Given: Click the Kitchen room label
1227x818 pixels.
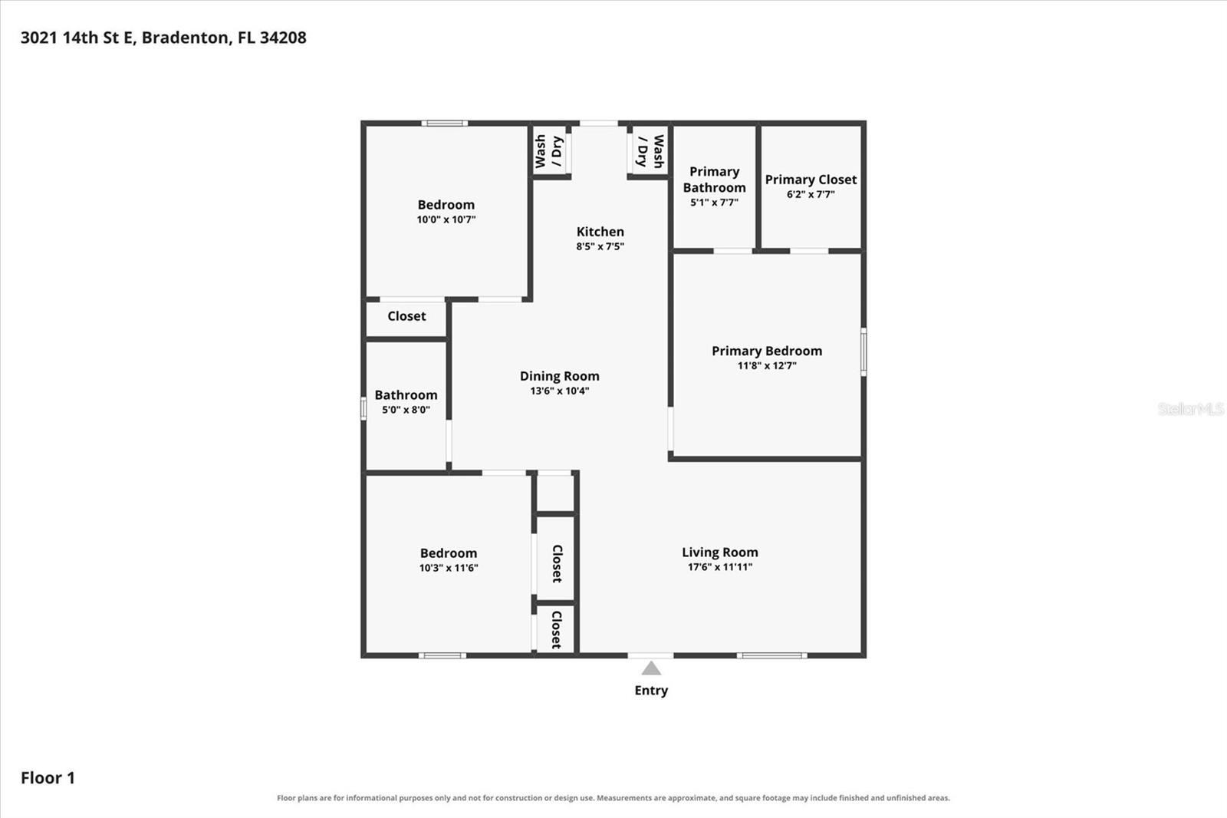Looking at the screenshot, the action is coord(600,232).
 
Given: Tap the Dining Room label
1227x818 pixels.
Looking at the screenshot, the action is coord(559,376).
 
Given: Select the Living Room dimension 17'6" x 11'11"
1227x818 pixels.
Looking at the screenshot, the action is coord(720,567).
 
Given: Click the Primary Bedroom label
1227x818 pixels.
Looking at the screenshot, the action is coord(767,351).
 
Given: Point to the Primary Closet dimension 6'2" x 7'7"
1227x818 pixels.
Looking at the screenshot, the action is coord(811,194).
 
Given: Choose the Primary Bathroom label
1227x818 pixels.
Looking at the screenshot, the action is coord(714,180).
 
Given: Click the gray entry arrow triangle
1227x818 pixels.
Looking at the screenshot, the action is coord(651,668).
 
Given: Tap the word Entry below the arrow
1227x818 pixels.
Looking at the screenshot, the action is coord(651,691).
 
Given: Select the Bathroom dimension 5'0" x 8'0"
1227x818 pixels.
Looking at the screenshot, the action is coord(406,410).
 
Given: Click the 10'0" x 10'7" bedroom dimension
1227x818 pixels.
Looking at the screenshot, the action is coord(446,219).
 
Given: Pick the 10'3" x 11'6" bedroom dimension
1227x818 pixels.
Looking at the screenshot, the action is coord(449,568).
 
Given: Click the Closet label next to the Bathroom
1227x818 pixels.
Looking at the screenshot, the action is coord(406,316).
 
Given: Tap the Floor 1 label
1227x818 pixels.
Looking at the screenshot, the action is coord(48,778).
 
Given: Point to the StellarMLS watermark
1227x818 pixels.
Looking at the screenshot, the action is coord(1191,408).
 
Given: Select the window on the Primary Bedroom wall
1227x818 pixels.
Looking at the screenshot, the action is coord(864,352).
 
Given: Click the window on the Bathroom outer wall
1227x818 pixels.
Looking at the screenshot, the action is coord(363,409).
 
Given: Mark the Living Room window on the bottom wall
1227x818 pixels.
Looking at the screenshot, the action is coord(771,655).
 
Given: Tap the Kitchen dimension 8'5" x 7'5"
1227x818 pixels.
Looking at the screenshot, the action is coord(600,247).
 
